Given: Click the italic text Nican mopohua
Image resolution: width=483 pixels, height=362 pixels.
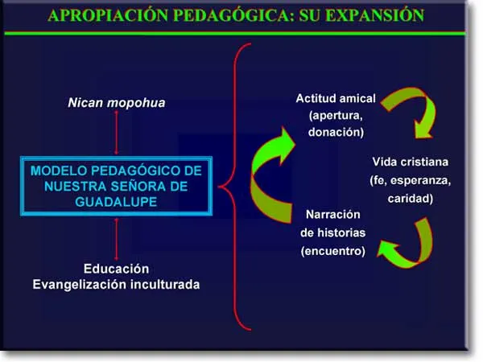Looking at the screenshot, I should tap(117, 104).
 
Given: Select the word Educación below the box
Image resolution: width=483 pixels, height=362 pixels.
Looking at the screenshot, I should tap(117, 268).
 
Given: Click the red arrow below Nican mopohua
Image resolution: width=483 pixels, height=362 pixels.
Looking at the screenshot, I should tap(117, 133).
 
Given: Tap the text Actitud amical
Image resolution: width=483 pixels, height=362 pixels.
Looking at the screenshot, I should tap(336, 98).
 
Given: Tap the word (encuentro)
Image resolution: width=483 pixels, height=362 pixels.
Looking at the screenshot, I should tap(332, 252).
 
